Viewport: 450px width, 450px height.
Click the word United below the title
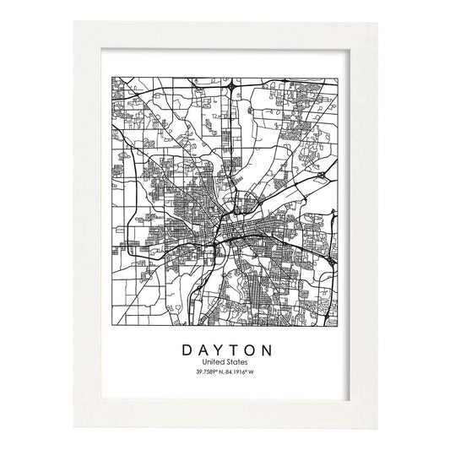(x=213, y=362)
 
